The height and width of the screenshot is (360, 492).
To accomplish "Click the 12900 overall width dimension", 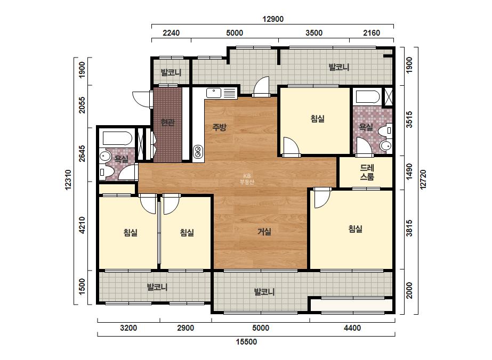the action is tap(273, 19).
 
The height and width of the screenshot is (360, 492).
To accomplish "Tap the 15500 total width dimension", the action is tap(246, 342).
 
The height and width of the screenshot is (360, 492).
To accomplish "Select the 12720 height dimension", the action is tap(423, 179).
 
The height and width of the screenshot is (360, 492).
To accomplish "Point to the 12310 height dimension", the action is tap(68, 180).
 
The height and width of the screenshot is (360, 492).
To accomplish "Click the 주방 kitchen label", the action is tap(219, 127).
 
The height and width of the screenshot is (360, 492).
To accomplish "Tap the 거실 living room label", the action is tap(264, 232).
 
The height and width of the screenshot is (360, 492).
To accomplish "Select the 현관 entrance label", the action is tap(167, 122).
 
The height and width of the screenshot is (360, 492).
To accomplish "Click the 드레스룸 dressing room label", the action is tap(367, 172).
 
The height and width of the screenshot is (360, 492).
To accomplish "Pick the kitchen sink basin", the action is tap(214, 93).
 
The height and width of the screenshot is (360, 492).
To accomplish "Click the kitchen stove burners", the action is tap(198, 152).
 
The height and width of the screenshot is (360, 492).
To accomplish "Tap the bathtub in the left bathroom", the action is tap(117, 138).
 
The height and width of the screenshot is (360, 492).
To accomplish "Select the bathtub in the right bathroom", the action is tap(367, 97).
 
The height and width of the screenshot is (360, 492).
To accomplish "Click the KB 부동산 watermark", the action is tap(247, 179).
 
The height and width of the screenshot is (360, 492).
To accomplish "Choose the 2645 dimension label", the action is tap(82, 153).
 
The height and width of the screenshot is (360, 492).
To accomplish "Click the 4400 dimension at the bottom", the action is tap(352, 328).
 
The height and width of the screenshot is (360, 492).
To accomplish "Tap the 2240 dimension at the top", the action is tap(171, 33).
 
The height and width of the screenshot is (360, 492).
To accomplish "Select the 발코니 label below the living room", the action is tap(264, 292).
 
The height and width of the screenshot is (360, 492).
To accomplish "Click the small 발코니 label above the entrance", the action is tap(171, 72).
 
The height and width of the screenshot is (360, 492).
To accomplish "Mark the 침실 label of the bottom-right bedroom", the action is tap(355, 229).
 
